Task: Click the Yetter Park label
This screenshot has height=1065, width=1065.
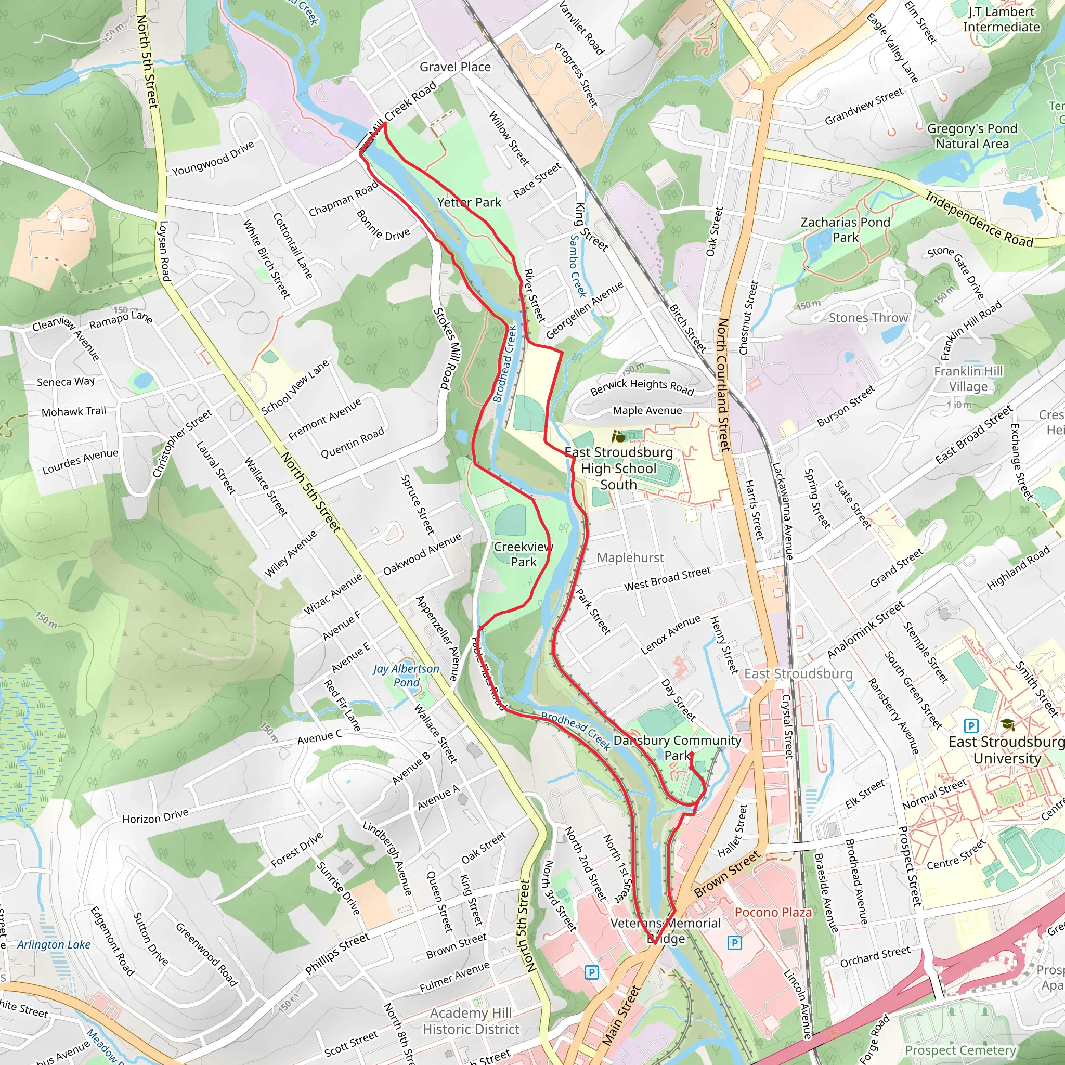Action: [469, 202]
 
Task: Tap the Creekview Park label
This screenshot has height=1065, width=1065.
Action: [523, 554]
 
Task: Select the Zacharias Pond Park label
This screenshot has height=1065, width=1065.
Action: [845, 229]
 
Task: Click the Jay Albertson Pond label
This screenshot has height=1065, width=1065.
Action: [406, 676]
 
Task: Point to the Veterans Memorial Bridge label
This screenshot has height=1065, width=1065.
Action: [665, 930]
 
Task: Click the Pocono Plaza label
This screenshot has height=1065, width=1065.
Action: [773, 912]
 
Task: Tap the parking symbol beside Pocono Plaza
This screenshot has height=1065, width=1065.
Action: [734, 943]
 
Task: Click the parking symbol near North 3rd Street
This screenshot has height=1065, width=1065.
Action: [591, 972]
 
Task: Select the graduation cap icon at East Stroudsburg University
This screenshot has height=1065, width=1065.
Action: [1008, 725]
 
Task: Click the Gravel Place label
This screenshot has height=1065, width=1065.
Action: [455, 67]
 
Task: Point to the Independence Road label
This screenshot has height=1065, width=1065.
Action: [979, 219]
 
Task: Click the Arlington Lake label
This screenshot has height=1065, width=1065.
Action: [54, 944]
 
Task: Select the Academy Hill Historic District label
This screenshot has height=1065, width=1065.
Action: [471, 1021]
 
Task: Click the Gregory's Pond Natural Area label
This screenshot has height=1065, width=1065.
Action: [972, 136]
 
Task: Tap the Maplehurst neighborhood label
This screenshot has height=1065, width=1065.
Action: [630, 557]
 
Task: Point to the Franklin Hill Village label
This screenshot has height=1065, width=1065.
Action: [968, 378]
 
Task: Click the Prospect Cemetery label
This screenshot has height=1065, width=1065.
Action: [960, 1050]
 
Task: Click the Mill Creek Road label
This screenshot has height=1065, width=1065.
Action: [404, 108]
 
